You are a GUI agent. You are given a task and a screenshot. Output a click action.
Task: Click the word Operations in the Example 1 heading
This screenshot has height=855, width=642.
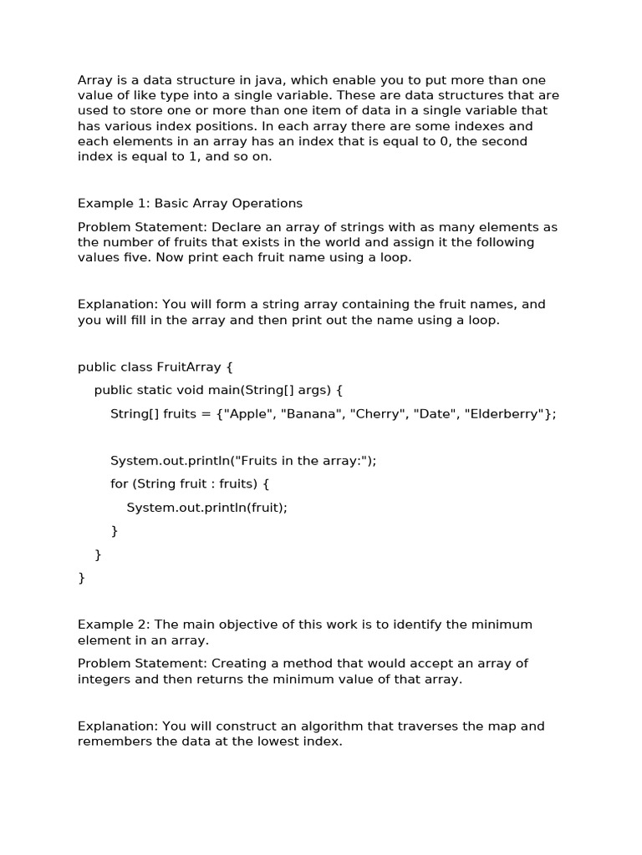pyautogui.click(x=268, y=203)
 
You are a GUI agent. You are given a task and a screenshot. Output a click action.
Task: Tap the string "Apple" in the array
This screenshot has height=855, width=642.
pyautogui.click(x=248, y=413)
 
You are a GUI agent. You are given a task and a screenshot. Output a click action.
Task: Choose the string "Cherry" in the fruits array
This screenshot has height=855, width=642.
pyautogui.click(x=380, y=413)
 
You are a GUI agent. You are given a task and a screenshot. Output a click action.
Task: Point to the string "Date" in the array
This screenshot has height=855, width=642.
pyautogui.click(x=435, y=413)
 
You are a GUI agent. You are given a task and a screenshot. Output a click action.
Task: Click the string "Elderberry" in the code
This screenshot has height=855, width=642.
pyautogui.click(x=507, y=413)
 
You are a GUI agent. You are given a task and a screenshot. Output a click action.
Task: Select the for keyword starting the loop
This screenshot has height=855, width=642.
pyautogui.click(x=119, y=483)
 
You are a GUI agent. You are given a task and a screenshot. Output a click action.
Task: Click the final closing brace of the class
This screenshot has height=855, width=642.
pyautogui.click(x=81, y=577)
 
